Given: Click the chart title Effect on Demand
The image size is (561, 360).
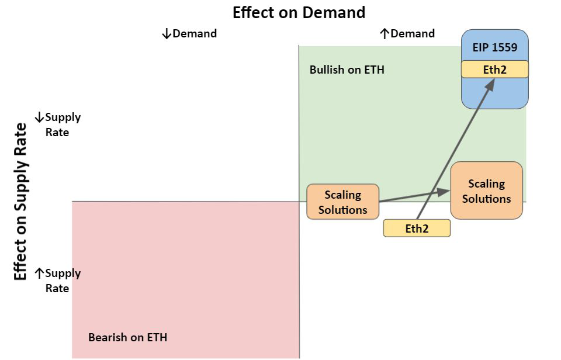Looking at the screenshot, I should [x=299, y=12].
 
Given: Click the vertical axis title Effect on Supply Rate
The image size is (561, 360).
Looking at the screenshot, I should [x=21, y=202].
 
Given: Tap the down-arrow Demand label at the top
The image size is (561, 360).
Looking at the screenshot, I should [x=189, y=33].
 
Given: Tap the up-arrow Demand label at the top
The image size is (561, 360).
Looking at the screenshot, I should [x=407, y=33].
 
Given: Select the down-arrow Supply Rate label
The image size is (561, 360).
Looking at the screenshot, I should [x=58, y=124].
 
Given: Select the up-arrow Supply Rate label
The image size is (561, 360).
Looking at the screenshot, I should [x=58, y=281].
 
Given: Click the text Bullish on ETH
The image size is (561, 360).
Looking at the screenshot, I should [x=347, y=70].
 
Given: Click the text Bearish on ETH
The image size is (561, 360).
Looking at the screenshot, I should [x=127, y=337].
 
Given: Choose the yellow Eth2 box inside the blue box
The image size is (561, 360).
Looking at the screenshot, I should [x=494, y=70].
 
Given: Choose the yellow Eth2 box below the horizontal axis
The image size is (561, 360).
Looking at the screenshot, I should [x=417, y=229].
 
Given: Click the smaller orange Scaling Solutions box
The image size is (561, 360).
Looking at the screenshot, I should [x=342, y=202].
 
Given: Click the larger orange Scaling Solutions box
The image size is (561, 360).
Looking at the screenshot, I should [x=486, y=191].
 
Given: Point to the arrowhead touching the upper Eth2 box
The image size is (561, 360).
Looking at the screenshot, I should [x=490, y=83].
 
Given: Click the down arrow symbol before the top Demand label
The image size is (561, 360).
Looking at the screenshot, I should [x=166, y=34].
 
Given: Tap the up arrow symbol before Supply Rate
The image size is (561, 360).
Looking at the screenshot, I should [x=39, y=273].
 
